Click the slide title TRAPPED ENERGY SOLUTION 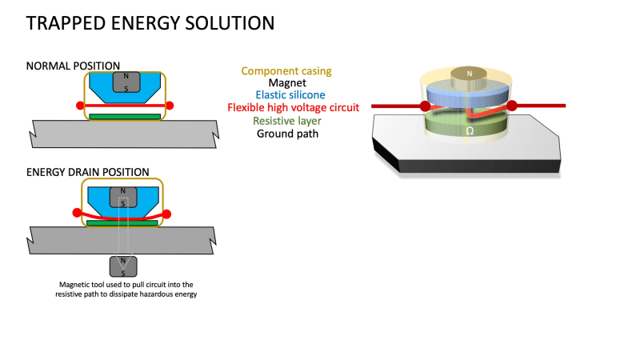tap(150, 23)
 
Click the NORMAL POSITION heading tap(73, 66)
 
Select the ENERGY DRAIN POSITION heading tap(87, 172)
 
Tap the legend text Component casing tap(286, 71)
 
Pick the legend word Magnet tap(287, 82)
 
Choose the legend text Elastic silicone tap(287, 94)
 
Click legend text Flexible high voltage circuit tap(293, 107)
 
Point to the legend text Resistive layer tap(286, 121)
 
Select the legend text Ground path tap(287, 134)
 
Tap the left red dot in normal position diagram tap(80, 105)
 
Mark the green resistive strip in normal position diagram tap(125, 116)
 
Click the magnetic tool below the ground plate tap(122, 266)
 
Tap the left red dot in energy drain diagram tap(77, 213)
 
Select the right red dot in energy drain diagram tap(166, 214)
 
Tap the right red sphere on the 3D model tap(511, 105)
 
